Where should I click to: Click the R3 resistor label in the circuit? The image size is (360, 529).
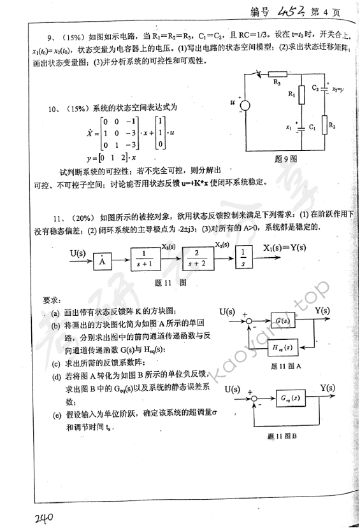[x=277, y=82]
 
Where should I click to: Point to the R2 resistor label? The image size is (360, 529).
[x=331, y=127]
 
